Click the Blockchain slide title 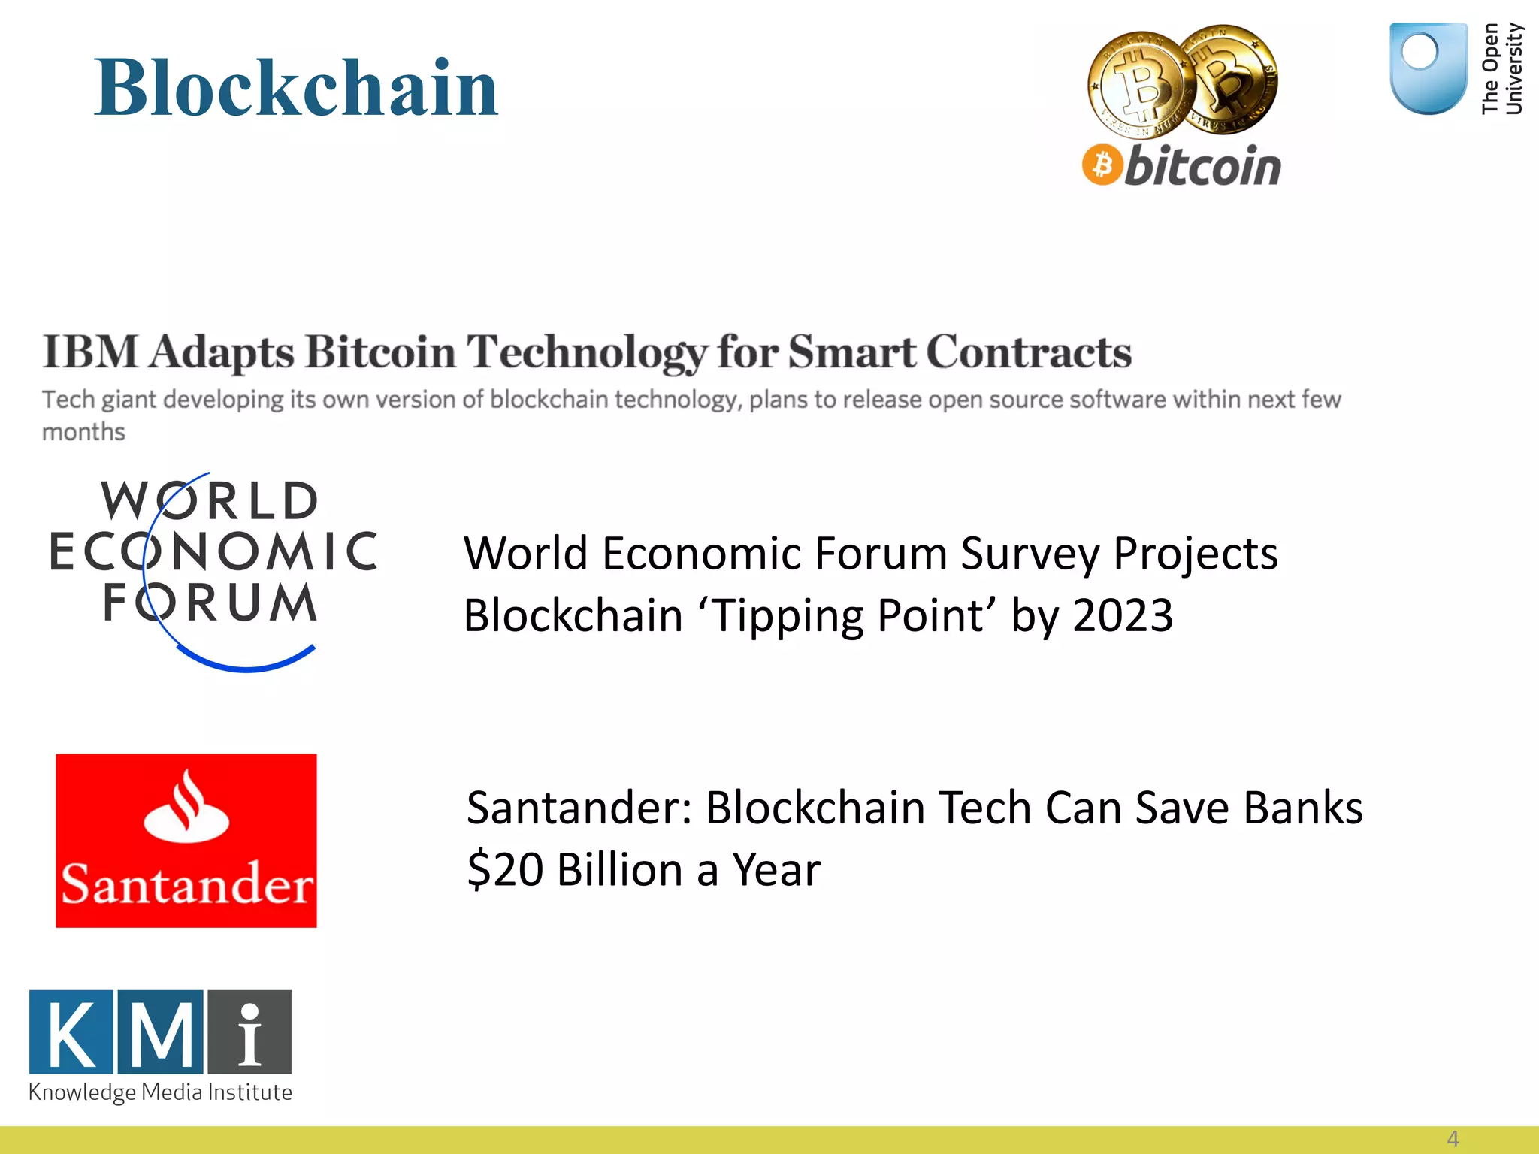(296, 89)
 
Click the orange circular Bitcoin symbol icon (1102, 165)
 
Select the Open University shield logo (1428, 68)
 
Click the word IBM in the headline (90, 352)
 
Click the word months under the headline (83, 432)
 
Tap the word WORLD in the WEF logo (210, 501)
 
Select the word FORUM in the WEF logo (210, 603)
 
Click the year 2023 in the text (1123, 615)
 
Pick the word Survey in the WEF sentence (1030, 554)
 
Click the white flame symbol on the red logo (186, 808)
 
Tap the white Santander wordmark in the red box (186, 884)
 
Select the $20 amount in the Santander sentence (505, 870)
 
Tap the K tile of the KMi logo (71, 1032)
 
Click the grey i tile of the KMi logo (249, 1032)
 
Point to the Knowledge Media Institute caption (160, 1092)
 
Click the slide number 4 (1453, 1139)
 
